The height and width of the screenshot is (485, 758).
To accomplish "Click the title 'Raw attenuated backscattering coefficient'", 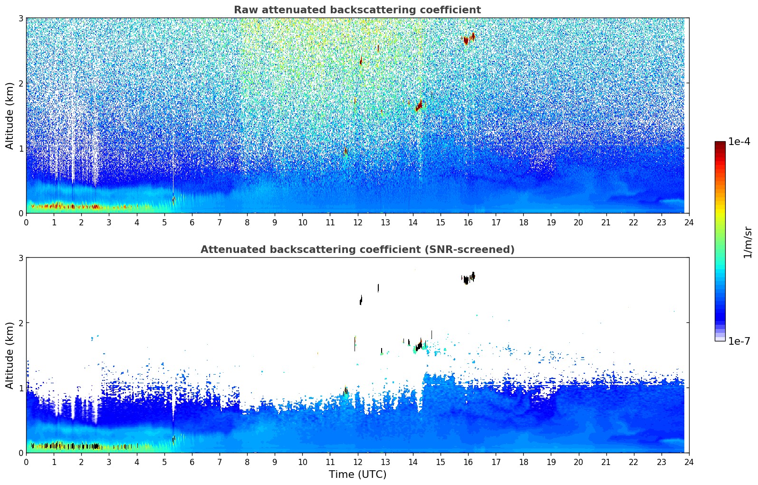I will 357,10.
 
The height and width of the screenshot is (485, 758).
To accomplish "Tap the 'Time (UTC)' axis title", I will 357,474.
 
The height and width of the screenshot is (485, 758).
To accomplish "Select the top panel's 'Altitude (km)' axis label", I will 10,116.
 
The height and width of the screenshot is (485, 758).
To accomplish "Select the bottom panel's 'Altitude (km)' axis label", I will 10,355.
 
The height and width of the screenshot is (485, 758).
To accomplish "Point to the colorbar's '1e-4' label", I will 739,142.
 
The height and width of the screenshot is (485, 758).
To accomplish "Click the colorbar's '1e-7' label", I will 739,341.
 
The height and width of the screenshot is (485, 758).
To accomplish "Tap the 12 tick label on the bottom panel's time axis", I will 357,462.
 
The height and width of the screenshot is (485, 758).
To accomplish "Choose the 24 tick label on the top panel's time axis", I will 689,223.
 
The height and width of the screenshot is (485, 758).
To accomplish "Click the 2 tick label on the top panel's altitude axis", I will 21,84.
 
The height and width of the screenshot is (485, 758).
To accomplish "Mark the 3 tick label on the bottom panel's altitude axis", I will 21,258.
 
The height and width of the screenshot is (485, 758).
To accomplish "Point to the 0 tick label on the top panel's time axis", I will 26,223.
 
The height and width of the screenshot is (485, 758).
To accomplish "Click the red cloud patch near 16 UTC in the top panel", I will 468,39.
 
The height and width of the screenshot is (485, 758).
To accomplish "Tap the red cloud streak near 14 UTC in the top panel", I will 419,105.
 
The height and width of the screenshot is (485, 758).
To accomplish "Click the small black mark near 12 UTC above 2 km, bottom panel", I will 361,300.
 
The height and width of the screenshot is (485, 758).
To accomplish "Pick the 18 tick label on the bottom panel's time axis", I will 523,462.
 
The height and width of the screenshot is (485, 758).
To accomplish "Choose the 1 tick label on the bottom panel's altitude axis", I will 21,388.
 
